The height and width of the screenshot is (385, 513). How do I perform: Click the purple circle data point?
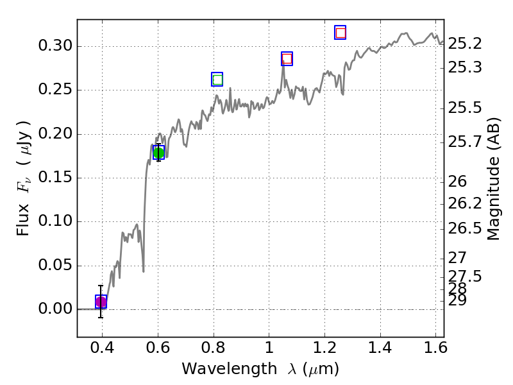click(x=101, y=302)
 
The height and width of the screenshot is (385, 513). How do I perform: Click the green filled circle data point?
click(x=158, y=153)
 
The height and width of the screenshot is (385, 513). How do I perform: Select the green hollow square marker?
click(x=217, y=80)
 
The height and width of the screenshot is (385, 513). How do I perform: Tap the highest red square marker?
click(x=341, y=33)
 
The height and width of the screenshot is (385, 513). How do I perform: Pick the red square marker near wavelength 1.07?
click(x=287, y=59)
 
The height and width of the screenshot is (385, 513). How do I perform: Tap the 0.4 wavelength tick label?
click(x=102, y=350)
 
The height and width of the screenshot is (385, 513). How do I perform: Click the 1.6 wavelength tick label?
click(x=435, y=350)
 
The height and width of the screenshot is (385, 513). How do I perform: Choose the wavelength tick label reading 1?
click(x=269, y=350)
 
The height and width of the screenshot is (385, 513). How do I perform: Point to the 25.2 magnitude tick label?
click(x=465, y=44)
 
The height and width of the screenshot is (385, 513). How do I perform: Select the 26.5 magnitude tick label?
click(x=465, y=229)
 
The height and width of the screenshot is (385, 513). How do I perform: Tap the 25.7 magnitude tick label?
click(x=465, y=142)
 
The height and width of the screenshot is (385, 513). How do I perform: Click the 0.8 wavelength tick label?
click(x=213, y=350)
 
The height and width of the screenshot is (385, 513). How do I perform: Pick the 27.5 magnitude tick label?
click(x=465, y=276)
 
